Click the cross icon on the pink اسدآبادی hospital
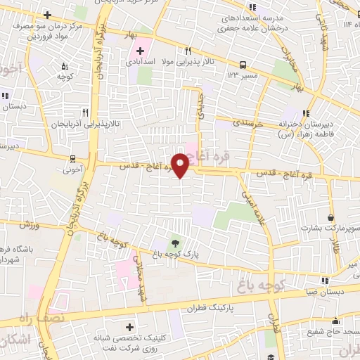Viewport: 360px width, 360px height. click(x=140, y=51)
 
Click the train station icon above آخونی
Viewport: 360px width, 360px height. click(x=74, y=157)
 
